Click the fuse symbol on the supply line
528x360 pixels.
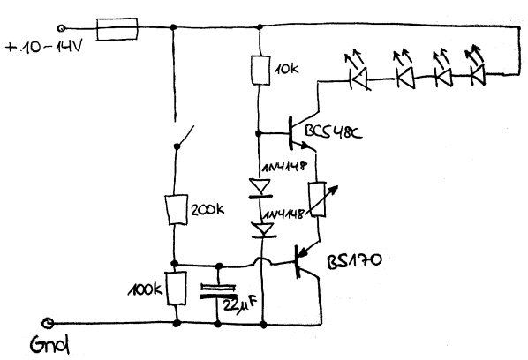coord(117,29)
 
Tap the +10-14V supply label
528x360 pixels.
coord(44,47)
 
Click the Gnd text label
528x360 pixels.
coord(49,344)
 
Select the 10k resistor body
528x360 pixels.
coord(260,70)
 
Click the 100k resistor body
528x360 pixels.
coord(177,289)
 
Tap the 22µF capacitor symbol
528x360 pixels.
coord(218,291)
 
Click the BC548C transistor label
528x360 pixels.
coord(333,131)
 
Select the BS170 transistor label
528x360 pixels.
coord(355,261)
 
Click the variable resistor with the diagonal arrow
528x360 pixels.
coord(318,199)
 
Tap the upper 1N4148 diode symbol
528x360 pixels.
coord(260,188)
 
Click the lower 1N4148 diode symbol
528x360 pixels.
coord(264,230)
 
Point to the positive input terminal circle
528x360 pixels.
coord(61,28)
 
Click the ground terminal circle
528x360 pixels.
coord(48,324)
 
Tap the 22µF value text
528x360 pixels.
coord(240,304)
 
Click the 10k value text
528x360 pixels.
coord(286,70)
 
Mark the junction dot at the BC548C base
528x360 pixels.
coord(259,133)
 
